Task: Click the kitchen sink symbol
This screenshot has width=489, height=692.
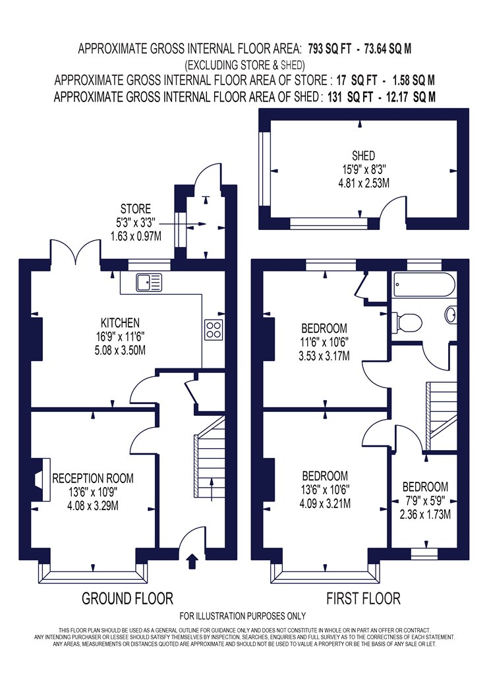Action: click(x=149, y=283)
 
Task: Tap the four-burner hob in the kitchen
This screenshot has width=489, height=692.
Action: click(x=213, y=330)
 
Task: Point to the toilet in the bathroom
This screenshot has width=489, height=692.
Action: click(x=407, y=322)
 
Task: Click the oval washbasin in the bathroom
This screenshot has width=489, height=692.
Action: click(x=451, y=315)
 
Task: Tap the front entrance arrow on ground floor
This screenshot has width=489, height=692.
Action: click(x=192, y=562)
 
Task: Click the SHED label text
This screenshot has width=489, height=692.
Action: click(x=363, y=156)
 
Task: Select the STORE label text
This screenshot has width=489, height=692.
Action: click(x=136, y=209)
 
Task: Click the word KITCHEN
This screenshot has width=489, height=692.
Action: click(x=120, y=323)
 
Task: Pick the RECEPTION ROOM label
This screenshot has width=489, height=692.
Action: click(x=93, y=478)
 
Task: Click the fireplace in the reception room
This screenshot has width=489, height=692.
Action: click(x=42, y=479)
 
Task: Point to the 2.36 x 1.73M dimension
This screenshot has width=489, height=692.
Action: click(x=426, y=515)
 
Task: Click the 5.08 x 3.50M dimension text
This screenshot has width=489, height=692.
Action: click(x=120, y=351)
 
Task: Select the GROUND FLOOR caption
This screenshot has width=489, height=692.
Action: click(x=128, y=598)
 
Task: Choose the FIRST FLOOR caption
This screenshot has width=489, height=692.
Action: click(x=363, y=598)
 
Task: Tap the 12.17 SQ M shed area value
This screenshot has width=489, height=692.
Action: click(x=411, y=97)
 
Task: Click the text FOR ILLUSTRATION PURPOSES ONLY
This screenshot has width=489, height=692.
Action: click(x=243, y=616)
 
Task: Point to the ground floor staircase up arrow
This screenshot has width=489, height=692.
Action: click(x=212, y=489)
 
